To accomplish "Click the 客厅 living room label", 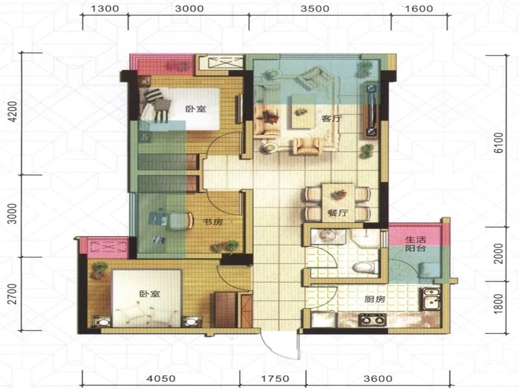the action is (x=332, y=118).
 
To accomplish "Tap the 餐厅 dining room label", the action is (x=338, y=213).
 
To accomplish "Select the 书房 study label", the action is (x=213, y=222).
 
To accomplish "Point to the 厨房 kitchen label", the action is (x=375, y=300).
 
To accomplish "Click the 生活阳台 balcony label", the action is (x=415, y=244).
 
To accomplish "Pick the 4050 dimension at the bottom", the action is (x=162, y=379).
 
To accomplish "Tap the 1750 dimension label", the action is (x=274, y=379).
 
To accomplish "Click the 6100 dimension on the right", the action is (x=498, y=143).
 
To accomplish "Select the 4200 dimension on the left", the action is (x=13, y=112).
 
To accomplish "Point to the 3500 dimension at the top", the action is (x=315, y=8).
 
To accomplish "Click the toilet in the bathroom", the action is (x=366, y=266).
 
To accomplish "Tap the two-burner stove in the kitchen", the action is (x=372, y=320).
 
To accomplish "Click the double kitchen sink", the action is (x=431, y=299).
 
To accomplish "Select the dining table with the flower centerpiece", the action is (x=338, y=202).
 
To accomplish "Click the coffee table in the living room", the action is (x=303, y=111).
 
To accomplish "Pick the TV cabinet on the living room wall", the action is (x=370, y=110).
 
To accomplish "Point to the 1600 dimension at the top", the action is (x=419, y=8).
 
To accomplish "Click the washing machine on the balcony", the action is (x=429, y=270).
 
